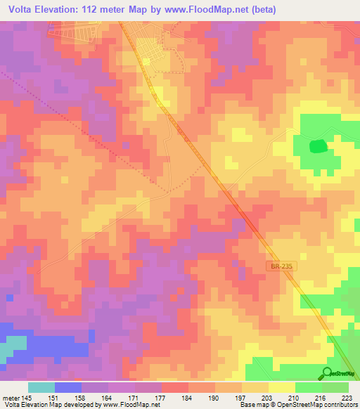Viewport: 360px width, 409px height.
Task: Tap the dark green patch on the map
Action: coord(319,146)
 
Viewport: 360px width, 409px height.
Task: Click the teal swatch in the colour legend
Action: coord(41,387)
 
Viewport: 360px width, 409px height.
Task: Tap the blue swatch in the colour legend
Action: coord(68,387)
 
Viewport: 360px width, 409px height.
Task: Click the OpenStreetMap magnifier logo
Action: coord(328,373)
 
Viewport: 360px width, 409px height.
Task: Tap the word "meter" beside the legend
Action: coord(8,396)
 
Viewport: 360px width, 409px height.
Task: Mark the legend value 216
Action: coord(319,396)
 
